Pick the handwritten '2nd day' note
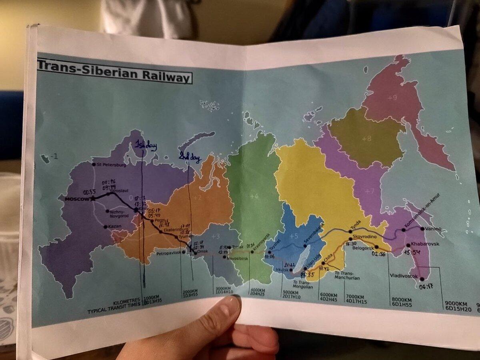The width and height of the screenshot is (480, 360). pyautogui.click(x=190, y=158)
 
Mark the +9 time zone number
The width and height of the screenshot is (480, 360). pyautogui.click(x=392, y=97)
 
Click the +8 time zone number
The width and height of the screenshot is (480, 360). pyautogui.click(x=366, y=138)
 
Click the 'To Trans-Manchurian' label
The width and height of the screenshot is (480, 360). pyautogui.click(x=346, y=275)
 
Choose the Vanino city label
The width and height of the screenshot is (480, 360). pyautogui.click(x=433, y=229)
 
